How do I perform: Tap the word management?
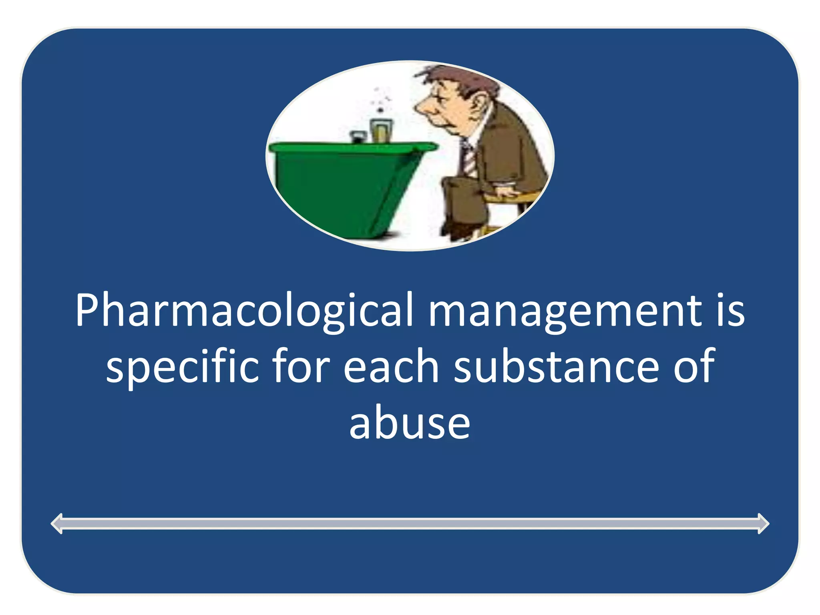(x=565, y=312)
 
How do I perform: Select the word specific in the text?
(x=183, y=367)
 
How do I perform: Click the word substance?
(x=557, y=367)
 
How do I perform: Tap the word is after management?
(x=730, y=312)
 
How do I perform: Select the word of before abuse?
(x=694, y=367)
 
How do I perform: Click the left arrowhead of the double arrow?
(x=58, y=523)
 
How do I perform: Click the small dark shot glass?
(x=357, y=137)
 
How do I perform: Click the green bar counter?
(x=344, y=184)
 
